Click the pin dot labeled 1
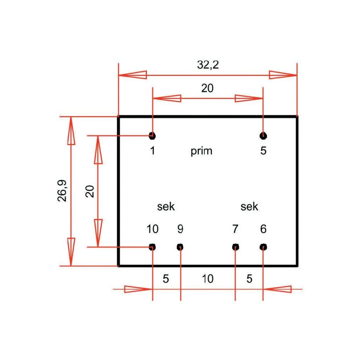click(152, 136)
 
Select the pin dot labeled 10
click(152, 247)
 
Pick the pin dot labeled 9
click(180, 247)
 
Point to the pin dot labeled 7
click(235, 247)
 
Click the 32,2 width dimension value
click(208, 65)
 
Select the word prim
click(201, 151)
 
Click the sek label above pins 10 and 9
click(166, 207)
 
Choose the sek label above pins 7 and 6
click(249, 207)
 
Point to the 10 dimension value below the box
click(208, 279)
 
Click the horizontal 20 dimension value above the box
click(207, 88)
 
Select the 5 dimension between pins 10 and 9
click(166, 279)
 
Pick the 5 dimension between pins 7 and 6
click(249, 279)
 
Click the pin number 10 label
click(152, 229)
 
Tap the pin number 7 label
click(235, 229)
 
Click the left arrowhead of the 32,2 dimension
click(133, 75)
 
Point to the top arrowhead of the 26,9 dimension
click(71, 131)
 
